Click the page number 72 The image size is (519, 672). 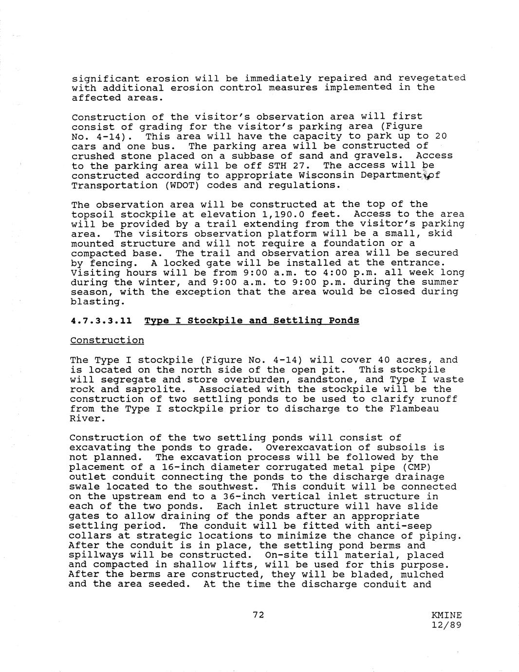(x=258, y=615)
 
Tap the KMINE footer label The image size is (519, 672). (x=446, y=615)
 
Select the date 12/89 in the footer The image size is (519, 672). (x=446, y=625)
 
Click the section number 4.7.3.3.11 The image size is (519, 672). (x=101, y=320)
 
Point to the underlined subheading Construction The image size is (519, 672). (x=107, y=340)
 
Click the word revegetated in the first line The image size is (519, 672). (x=431, y=78)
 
